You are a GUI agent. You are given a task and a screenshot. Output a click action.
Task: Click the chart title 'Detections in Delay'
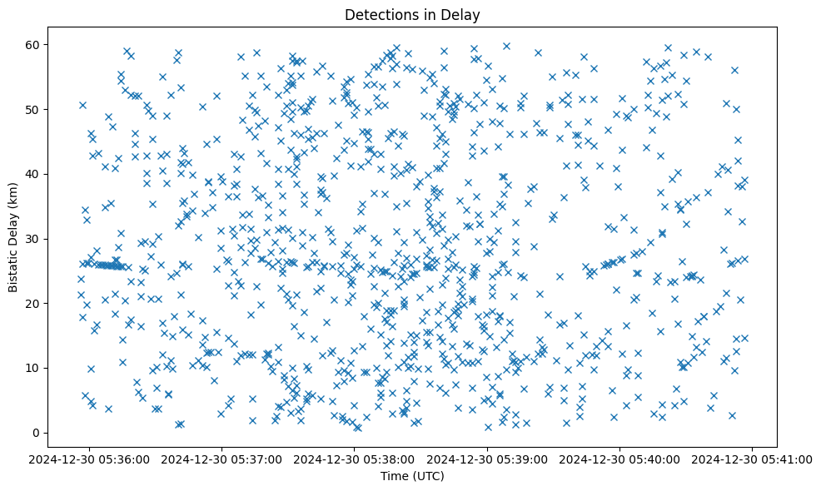coord(412,14)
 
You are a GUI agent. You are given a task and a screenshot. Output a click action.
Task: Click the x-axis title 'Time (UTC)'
coord(412,476)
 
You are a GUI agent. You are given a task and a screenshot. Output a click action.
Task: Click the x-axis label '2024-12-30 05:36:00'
coord(90,459)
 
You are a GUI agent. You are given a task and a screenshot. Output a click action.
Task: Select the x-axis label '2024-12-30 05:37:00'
coord(223,459)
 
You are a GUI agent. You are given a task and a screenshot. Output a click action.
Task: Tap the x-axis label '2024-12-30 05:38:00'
coord(356,459)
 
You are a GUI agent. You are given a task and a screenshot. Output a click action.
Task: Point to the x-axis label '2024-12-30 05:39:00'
coord(488,459)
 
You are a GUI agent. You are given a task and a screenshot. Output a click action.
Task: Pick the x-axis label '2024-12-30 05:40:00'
coord(620,459)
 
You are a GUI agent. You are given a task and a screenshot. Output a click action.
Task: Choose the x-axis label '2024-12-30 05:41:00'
coord(753,459)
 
